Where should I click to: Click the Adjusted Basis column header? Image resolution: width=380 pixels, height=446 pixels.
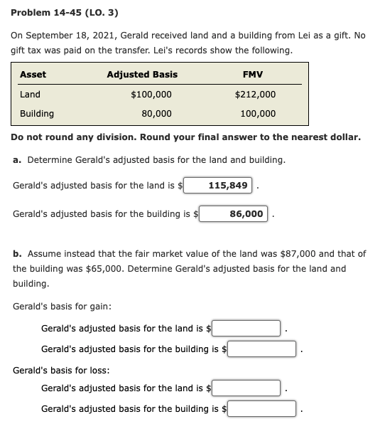coord(142,74)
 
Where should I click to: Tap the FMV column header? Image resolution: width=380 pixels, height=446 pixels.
coord(253,74)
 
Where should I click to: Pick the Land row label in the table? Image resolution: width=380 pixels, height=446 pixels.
coord(30,95)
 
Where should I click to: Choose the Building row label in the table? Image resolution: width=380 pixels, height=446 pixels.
coord(37,113)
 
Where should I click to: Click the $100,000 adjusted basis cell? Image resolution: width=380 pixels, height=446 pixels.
coord(151,95)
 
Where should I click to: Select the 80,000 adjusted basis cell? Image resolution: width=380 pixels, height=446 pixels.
coord(156,113)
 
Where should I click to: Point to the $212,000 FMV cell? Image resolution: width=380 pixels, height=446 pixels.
coord(255,95)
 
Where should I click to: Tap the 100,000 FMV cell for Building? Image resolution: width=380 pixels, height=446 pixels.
coord(258,113)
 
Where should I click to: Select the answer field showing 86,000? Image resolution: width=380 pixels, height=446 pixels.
coord(233,213)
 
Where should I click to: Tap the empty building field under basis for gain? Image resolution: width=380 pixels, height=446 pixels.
coord(261,349)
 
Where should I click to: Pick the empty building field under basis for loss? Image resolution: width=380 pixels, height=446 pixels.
coord(261,408)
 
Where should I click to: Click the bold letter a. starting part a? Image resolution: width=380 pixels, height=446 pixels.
coord(17,159)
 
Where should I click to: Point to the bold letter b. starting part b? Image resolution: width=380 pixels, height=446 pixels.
coord(17,253)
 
